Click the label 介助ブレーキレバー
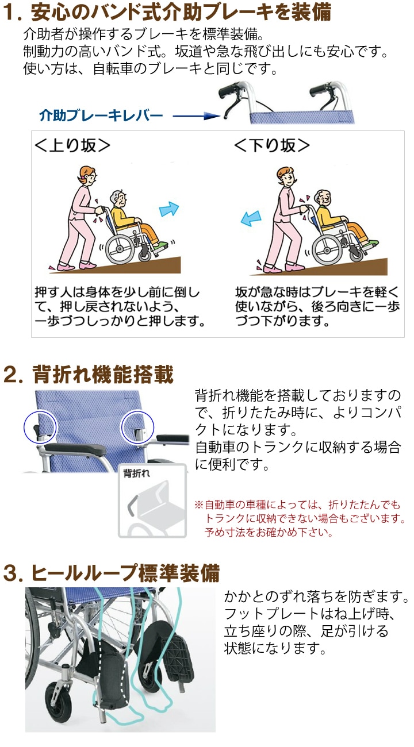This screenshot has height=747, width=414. (101, 116)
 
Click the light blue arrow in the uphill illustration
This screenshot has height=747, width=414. (168, 209)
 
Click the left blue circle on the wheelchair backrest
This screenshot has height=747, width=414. (39, 426)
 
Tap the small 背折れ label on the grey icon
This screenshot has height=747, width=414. (137, 474)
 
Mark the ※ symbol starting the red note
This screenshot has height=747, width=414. (199, 505)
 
